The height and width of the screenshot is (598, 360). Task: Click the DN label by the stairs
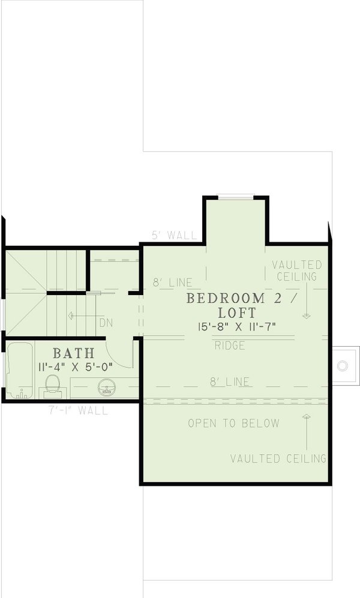point(106,323)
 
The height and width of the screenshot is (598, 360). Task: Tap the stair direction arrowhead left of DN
point(71,314)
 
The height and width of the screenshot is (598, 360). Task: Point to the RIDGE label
point(230,345)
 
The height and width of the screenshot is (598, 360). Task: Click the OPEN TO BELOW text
point(234,423)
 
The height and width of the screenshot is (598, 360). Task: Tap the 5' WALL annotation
point(174,236)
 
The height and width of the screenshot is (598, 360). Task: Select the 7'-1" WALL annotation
point(78,411)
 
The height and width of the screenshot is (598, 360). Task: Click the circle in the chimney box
point(343,365)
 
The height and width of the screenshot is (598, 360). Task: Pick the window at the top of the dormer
point(235,196)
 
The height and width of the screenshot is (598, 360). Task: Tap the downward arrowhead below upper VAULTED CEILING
point(306,315)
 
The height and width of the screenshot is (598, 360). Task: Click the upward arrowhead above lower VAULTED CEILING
point(306,415)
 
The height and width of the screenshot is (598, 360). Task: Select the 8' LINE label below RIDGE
point(230,381)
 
